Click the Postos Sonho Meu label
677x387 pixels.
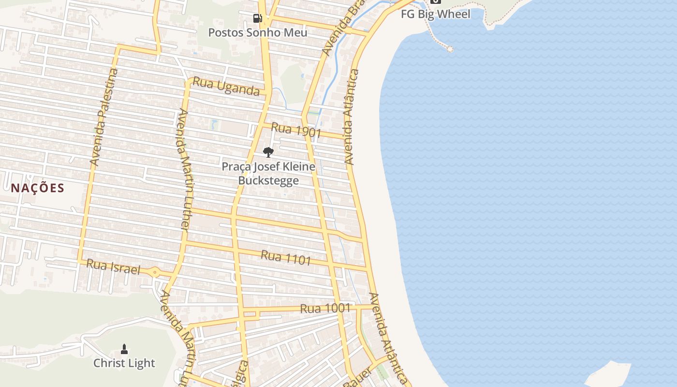[x=258, y=32]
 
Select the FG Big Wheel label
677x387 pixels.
[x=435, y=14]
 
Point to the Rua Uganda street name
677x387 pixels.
[x=226, y=87]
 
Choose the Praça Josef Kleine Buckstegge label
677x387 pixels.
[x=268, y=174]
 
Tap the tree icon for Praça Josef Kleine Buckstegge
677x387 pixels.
[x=268, y=152]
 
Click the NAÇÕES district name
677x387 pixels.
[x=38, y=188]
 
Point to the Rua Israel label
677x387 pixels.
[x=113, y=267]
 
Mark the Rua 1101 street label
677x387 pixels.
[x=286, y=257]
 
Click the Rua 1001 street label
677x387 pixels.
[x=325, y=308]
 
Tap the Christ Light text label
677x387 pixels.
[x=124, y=363]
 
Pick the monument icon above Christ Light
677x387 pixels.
[x=124, y=349]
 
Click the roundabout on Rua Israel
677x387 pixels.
[x=155, y=272]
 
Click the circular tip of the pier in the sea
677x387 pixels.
[x=450, y=48]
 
